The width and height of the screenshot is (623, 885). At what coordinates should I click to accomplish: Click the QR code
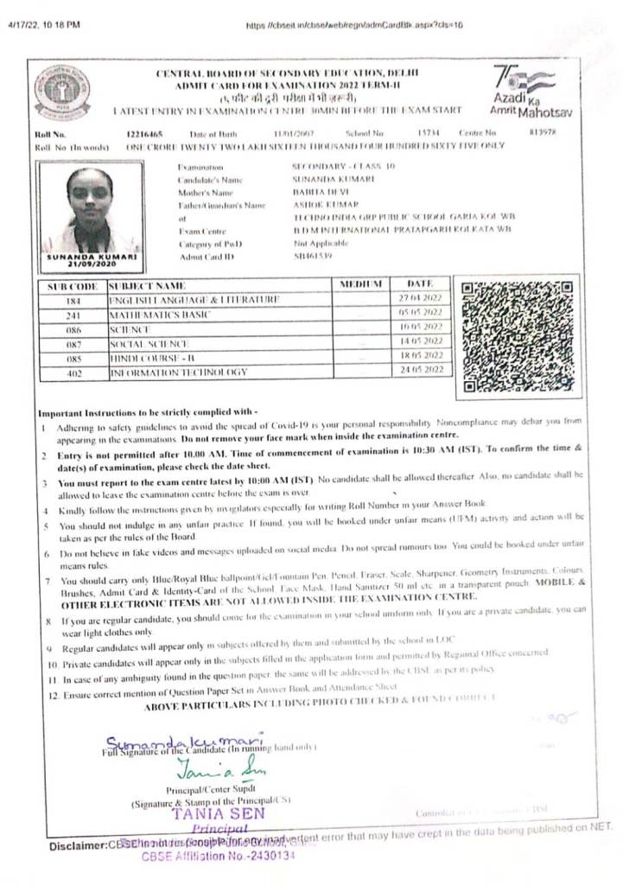pos(517,334)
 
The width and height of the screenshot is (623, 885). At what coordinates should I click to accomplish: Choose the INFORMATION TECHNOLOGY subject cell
pos(178,372)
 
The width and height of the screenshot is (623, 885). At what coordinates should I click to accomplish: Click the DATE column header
pos(419,283)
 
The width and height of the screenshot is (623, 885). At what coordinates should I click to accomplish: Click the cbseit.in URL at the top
pos(354,26)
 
